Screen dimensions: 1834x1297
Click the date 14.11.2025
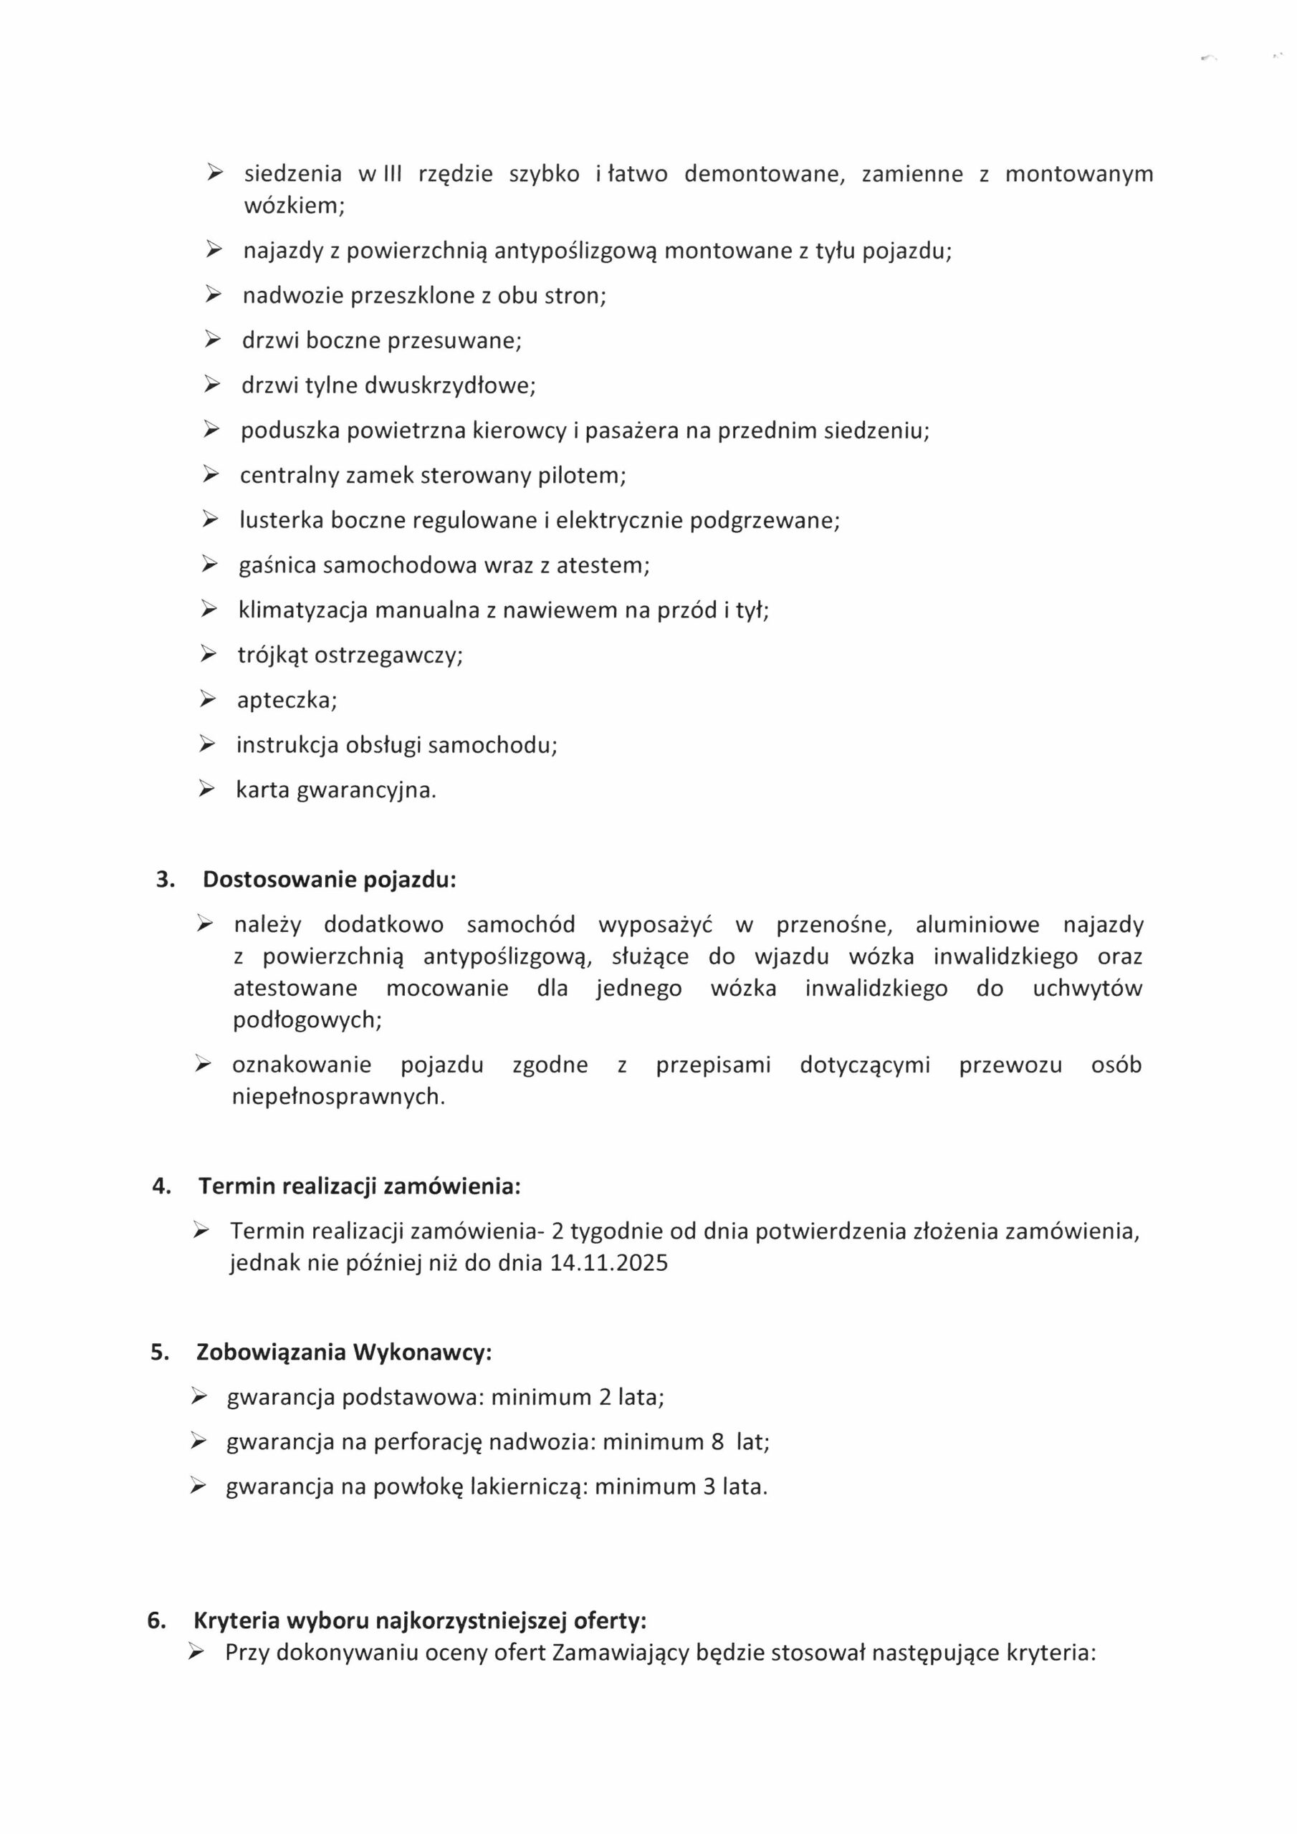(x=609, y=1263)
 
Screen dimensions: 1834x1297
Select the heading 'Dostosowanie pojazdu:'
(x=329, y=880)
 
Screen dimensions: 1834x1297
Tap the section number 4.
(x=161, y=1186)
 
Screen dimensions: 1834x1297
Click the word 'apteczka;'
(x=287, y=701)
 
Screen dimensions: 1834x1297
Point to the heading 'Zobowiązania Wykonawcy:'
(x=344, y=1353)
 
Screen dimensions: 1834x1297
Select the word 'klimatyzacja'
(x=303, y=610)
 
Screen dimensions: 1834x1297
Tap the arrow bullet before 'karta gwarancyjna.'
(x=207, y=790)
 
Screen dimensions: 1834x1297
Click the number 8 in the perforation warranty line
(x=717, y=1442)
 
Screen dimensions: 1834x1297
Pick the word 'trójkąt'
(x=272, y=656)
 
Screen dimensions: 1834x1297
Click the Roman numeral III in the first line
(x=393, y=173)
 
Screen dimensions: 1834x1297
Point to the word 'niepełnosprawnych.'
(x=339, y=1097)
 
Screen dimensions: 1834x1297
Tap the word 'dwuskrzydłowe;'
(x=450, y=386)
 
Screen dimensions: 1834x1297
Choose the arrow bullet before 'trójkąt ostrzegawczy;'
(x=208, y=655)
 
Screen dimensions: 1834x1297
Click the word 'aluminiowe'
(x=977, y=925)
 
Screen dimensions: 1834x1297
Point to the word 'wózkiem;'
(x=294, y=206)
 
